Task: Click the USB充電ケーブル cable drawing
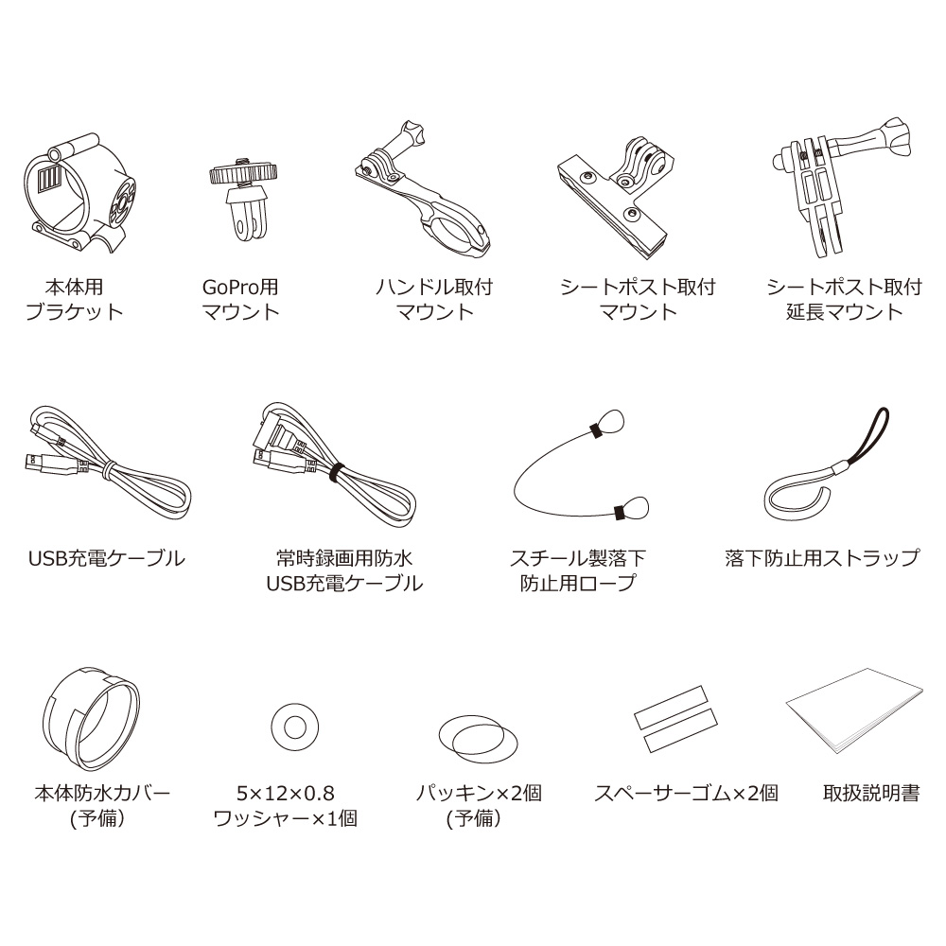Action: pyautogui.click(x=109, y=470)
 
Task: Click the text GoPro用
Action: pyautogui.click(x=240, y=288)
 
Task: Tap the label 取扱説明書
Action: pyautogui.click(x=871, y=793)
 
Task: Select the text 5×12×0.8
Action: pyautogui.click(x=286, y=794)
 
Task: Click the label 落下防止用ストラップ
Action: pyautogui.click(x=822, y=558)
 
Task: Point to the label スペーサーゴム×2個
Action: pyautogui.click(x=687, y=793)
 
